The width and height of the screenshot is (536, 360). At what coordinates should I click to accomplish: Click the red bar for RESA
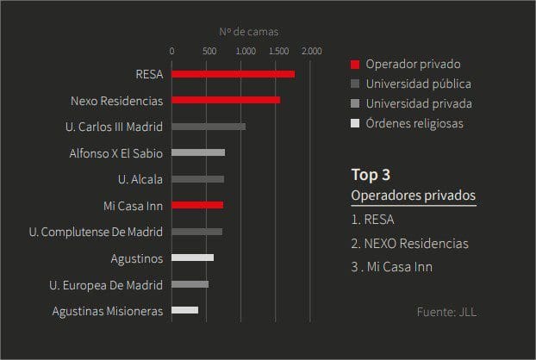point(233,74)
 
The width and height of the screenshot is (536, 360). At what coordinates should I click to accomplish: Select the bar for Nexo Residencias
point(226,100)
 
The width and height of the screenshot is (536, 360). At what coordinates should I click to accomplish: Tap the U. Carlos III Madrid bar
point(209,127)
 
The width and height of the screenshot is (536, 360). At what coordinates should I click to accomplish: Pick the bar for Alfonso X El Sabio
point(198,152)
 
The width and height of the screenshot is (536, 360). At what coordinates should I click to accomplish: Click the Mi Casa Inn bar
point(197,205)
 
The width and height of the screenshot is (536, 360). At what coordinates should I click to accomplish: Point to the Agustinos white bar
point(192,258)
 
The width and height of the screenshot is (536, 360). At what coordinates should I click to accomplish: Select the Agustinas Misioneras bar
point(184,310)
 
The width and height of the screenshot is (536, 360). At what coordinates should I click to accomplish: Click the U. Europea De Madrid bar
point(190,284)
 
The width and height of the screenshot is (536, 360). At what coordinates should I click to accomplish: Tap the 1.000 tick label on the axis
point(245,51)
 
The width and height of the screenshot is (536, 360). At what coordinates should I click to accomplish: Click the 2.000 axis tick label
point(312,51)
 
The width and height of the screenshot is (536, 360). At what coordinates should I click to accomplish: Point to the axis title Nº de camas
point(248,32)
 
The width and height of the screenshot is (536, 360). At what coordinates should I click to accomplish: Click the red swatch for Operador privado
point(354,65)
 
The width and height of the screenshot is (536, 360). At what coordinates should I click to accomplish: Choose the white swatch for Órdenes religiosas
point(354,124)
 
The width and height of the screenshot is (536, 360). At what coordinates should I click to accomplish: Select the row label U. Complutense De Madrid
point(95,232)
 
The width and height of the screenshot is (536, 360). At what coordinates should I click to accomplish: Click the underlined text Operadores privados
point(413,196)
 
